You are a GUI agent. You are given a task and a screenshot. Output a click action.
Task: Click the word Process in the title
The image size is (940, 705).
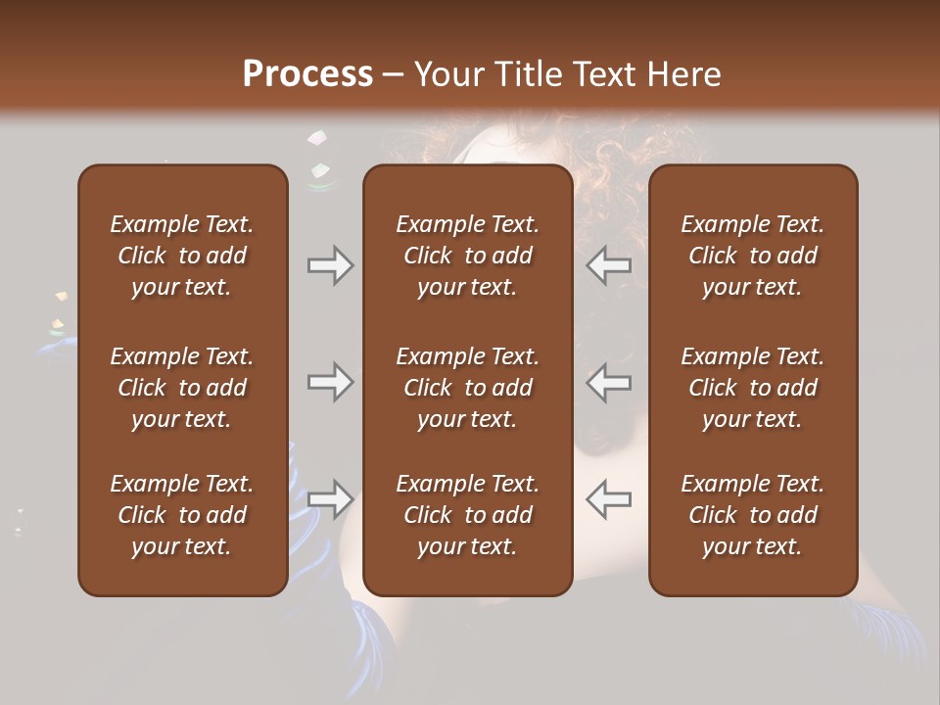[307, 74]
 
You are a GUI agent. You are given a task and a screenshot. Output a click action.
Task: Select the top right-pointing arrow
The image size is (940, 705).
[330, 265]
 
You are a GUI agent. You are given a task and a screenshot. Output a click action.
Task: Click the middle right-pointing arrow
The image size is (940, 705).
[330, 381]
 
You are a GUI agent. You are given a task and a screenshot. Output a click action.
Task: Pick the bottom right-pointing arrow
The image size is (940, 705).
[330, 499]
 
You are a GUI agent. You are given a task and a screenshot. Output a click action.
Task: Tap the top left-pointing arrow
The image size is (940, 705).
[608, 265]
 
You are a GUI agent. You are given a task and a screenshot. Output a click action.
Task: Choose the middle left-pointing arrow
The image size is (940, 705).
[608, 381]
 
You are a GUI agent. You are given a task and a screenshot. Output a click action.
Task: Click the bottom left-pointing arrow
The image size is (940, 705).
[608, 499]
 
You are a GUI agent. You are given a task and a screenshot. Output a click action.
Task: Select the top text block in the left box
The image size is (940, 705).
[182, 256]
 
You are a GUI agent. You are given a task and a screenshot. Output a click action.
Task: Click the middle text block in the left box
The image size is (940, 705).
[182, 388]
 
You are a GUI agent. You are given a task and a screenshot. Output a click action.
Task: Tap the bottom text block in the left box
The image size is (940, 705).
[182, 515]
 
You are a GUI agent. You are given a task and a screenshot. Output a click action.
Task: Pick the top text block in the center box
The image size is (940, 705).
[467, 256]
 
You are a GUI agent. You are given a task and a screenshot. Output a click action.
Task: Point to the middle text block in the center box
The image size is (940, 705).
[467, 388]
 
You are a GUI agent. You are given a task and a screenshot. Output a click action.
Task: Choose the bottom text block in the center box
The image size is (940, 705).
[467, 515]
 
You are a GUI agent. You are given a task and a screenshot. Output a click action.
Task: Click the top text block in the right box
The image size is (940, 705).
[752, 256]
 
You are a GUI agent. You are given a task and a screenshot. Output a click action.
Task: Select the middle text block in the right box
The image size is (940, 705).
[752, 388]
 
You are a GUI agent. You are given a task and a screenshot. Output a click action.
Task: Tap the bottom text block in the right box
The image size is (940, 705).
[752, 515]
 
